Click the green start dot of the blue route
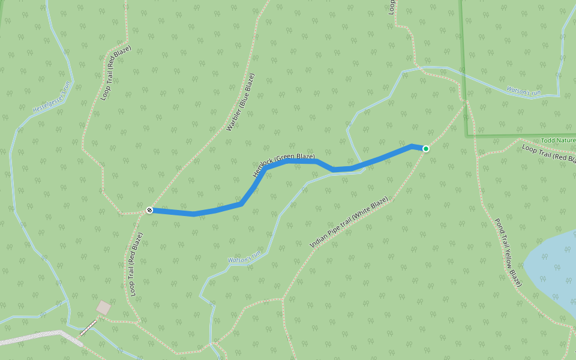pyautogui.click(x=426, y=148)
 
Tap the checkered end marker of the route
pyautogui.click(x=149, y=210)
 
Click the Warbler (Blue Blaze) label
pyautogui.click(x=241, y=102)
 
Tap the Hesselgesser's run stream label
pyautogui.click(x=52, y=97)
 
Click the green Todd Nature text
pyautogui.click(x=558, y=140)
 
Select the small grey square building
pyautogui.click(x=104, y=307)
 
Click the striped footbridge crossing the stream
pyautogui.click(x=88, y=328)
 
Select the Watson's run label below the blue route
pyautogui.click(x=244, y=257)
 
